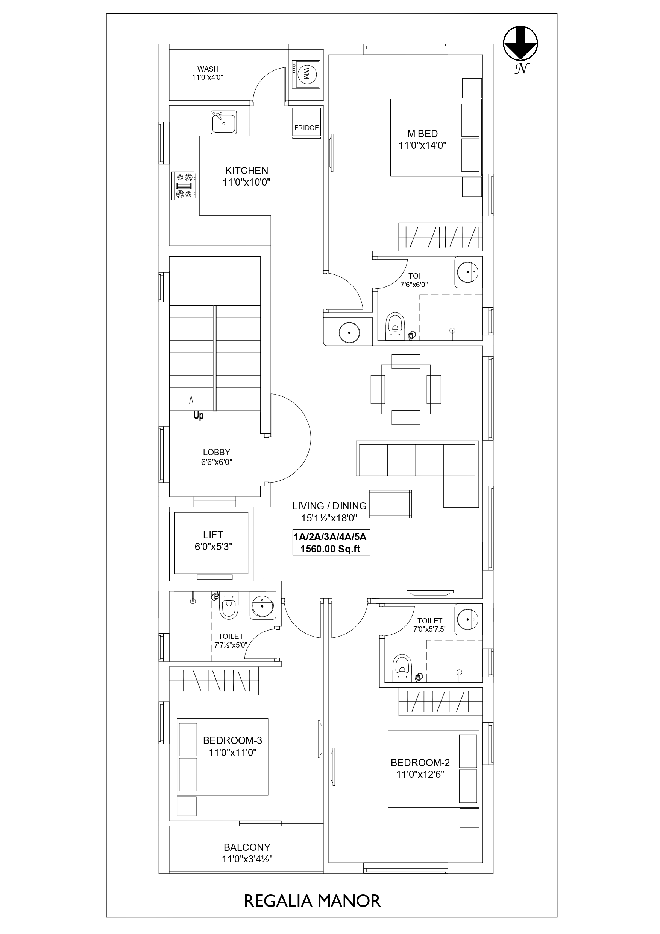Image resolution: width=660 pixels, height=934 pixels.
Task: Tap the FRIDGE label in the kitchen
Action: tap(306, 128)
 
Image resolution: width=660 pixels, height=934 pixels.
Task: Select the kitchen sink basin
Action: tap(223, 122)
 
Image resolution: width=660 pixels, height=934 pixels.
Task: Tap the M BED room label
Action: tap(422, 133)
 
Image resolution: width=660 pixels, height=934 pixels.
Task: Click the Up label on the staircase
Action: tap(198, 415)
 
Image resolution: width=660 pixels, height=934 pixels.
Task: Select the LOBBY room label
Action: tap(217, 452)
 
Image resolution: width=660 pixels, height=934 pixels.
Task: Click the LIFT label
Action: tap(213, 535)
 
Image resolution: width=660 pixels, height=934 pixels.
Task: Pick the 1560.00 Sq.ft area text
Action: tap(330, 549)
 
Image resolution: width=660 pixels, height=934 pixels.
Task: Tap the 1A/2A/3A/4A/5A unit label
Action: tap(330, 536)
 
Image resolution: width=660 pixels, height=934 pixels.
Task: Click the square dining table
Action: tap(406, 389)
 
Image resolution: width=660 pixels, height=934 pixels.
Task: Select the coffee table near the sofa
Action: tap(390, 504)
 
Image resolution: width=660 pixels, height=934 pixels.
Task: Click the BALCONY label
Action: tap(247, 847)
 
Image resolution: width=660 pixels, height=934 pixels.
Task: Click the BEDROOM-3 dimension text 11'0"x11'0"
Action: tap(232, 752)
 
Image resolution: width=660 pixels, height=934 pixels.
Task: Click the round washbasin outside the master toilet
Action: tap(349, 332)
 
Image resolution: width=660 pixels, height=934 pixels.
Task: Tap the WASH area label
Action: tap(208, 69)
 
